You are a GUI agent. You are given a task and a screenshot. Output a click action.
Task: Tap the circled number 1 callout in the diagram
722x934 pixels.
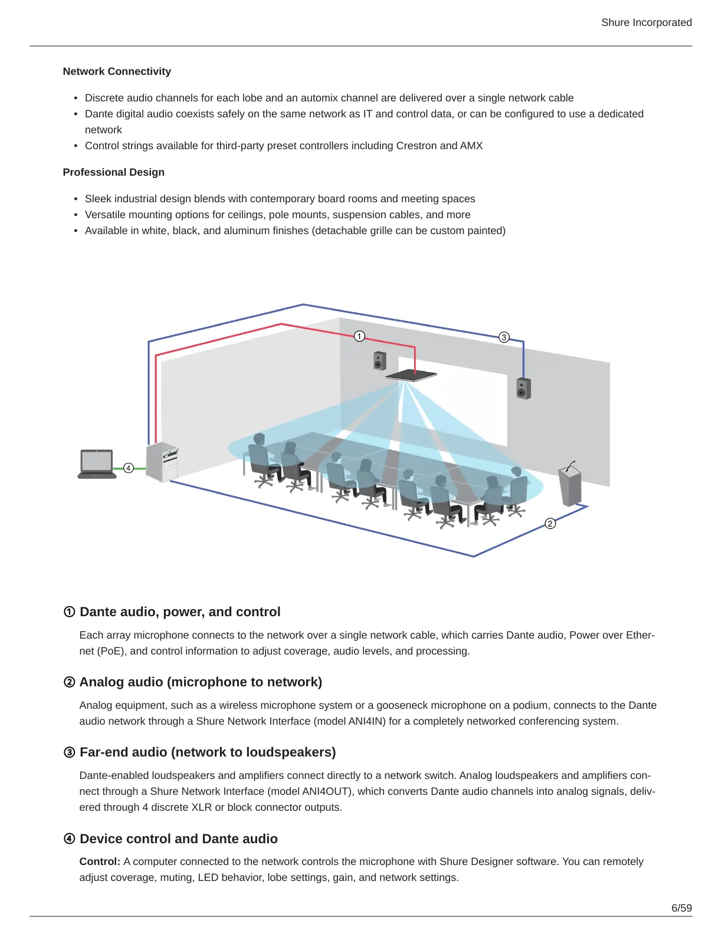point(359,336)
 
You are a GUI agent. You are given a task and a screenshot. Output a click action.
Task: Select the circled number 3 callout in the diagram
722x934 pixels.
point(504,337)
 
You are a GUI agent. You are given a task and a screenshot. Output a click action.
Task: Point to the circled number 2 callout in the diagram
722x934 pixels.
point(550,524)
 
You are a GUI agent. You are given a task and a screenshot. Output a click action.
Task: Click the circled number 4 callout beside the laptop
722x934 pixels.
point(129,468)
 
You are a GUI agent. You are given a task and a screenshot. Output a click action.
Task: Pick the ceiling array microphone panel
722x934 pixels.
point(411,375)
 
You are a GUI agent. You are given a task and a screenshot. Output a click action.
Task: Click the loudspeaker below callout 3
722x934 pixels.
point(523,389)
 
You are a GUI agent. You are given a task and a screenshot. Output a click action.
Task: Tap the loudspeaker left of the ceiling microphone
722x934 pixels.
point(380,360)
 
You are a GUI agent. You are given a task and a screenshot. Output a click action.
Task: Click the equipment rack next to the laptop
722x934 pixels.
point(162,462)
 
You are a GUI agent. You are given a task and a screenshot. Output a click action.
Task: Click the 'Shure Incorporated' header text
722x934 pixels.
point(646,22)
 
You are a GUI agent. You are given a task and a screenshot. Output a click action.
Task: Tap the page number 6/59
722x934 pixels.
point(681,908)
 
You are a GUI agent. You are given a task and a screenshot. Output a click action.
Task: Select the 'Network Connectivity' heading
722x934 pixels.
point(117,71)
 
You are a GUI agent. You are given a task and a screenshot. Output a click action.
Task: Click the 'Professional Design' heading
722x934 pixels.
point(114,172)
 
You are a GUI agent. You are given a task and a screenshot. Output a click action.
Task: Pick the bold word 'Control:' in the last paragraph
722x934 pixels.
point(100,861)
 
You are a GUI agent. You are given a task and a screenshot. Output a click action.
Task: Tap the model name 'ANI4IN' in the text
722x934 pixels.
point(366,721)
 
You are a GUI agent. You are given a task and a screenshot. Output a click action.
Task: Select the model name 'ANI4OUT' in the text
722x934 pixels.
point(327,791)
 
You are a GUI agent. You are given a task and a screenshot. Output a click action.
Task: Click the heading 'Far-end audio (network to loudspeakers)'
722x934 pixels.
point(208,752)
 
